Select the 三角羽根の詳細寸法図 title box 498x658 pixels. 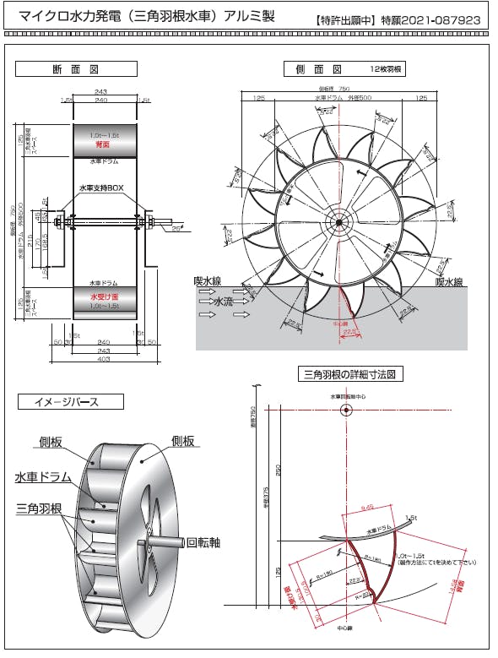(349, 373)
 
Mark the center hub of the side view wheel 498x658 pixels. (338, 223)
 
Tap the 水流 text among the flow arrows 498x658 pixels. (224, 300)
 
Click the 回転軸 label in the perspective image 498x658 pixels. (203, 542)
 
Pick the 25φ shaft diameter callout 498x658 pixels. (176, 229)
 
